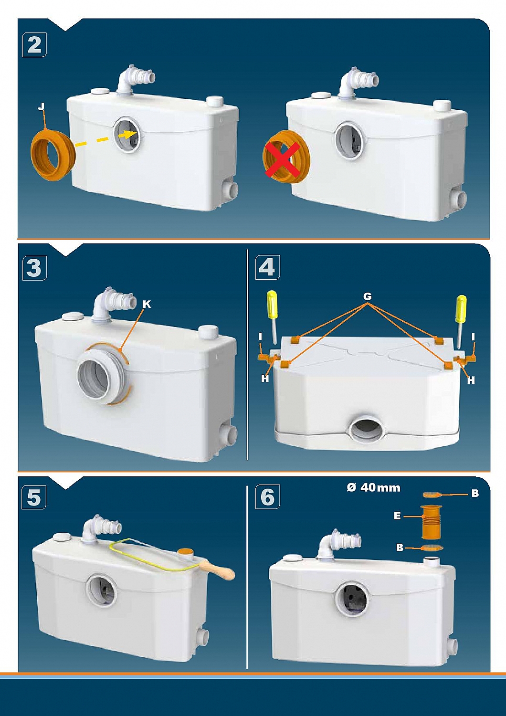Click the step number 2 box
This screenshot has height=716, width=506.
point(34,45)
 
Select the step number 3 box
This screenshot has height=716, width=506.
point(34,268)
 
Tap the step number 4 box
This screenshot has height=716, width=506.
point(267,268)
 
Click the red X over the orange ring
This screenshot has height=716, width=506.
point(282,160)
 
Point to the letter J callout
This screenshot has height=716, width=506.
point(41,107)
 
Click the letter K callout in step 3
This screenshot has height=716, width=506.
point(147,305)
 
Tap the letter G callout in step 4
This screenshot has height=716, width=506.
point(368,297)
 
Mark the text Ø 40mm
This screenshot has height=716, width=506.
point(373,488)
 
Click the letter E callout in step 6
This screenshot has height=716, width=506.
point(397,516)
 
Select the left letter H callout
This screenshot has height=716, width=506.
point(264,379)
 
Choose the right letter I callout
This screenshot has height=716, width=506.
point(473,337)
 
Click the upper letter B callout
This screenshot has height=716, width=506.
point(475,494)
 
